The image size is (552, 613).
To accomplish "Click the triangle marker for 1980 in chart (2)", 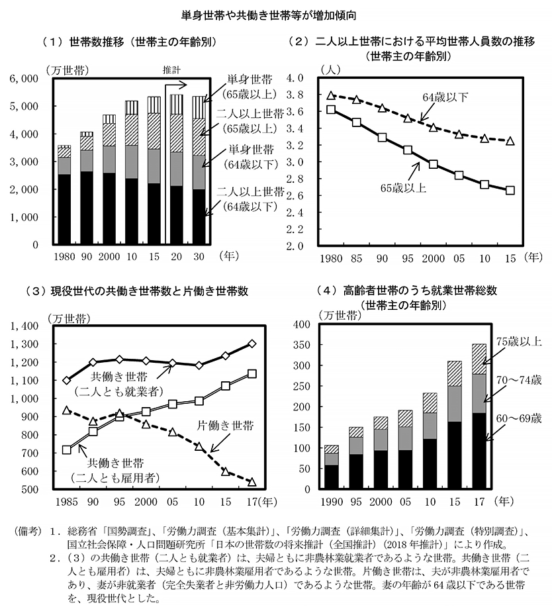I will (x=332, y=95).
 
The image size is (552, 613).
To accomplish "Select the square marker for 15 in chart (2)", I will (x=510, y=191).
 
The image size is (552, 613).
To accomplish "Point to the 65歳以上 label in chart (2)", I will (x=403, y=188).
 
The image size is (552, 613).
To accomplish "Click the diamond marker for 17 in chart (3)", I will (x=252, y=344).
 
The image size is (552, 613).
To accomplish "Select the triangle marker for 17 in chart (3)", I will (x=252, y=482).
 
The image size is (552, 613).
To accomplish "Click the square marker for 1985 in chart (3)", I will (x=66, y=449).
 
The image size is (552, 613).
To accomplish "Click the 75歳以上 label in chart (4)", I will (x=518, y=342).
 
